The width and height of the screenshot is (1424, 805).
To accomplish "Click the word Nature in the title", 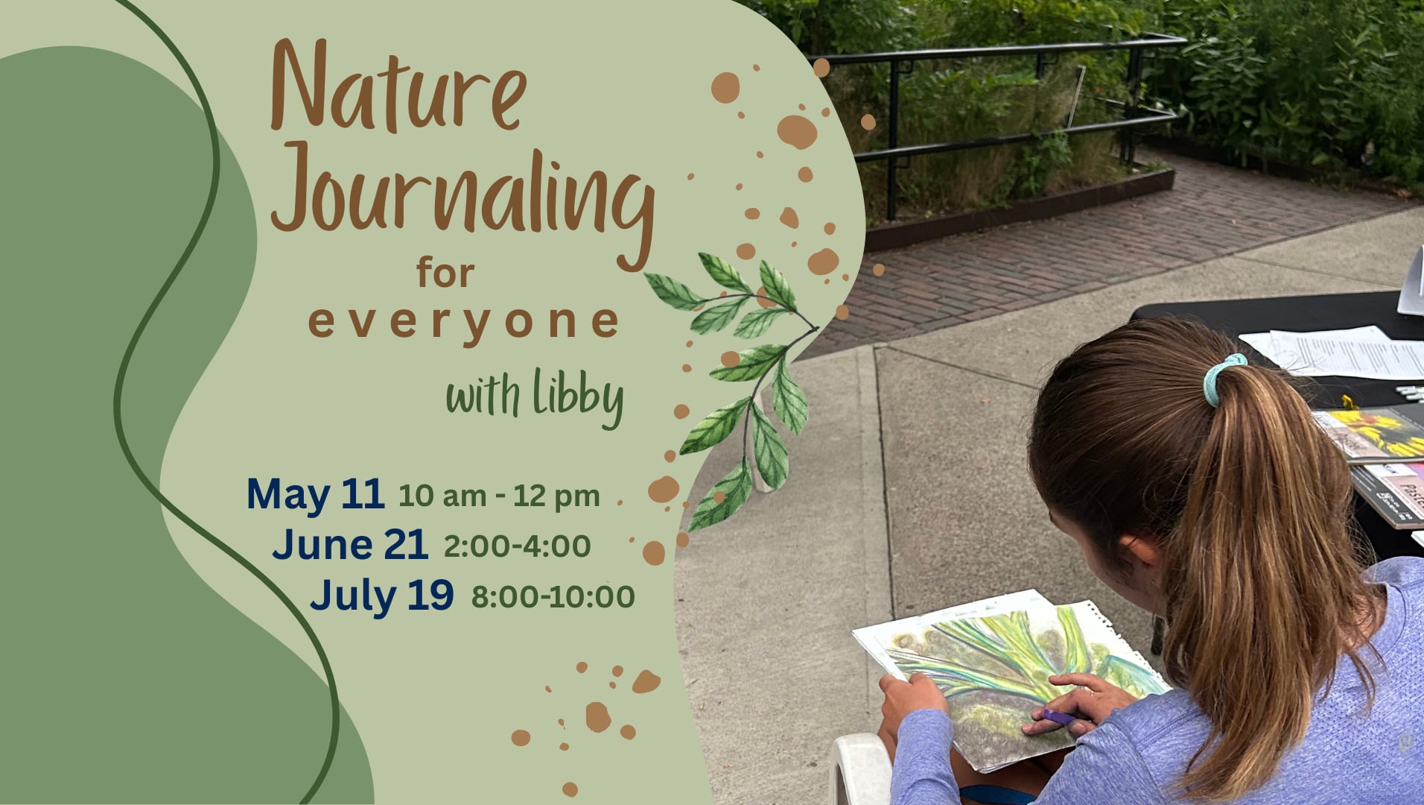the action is pyautogui.click(x=398, y=86).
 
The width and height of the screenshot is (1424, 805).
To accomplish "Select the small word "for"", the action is pyautogui.click(x=445, y=272).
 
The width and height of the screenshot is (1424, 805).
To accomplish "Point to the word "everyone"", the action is pyautogui.click(x=463, y=323).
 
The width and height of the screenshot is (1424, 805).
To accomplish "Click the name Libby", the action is pyautogui.click(x=578, y=397).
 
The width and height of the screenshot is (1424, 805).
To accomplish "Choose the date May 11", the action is pyautogui.click(x=315, y=495).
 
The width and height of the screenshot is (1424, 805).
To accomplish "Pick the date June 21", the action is pyautogui.click(x=350, y=544).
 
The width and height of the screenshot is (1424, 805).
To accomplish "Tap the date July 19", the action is pyautogui.click(x=381, y=596).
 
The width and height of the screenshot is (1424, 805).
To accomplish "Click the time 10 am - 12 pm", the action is pyautogui.click(x=499, y=496).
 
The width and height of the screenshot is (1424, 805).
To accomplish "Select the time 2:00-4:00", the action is pyautogui.click(x=517, y=546).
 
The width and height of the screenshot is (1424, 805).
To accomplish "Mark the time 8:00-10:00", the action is pyautogui.click(x=553, y=596).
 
